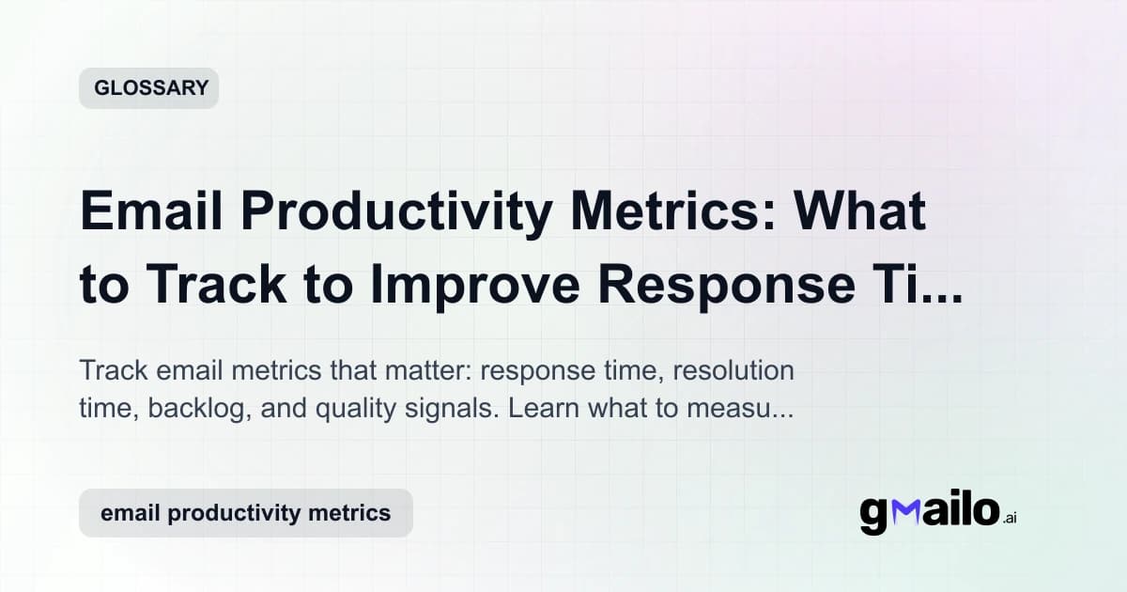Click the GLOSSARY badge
149,88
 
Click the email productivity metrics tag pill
245,513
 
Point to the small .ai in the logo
1010,518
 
